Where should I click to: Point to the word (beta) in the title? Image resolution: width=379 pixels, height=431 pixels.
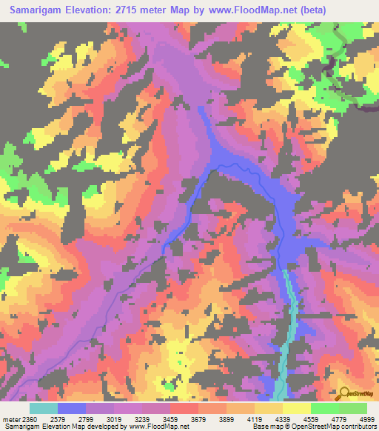[310, 10]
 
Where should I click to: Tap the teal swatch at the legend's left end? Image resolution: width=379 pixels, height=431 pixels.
[44, 408]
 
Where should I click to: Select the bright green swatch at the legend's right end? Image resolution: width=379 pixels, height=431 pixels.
[352, 408]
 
